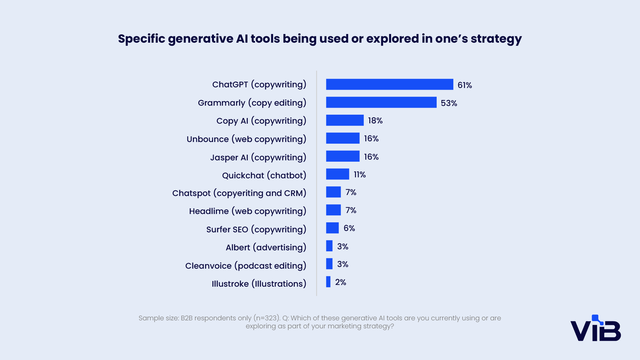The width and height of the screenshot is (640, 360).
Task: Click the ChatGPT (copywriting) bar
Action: click(390, 84)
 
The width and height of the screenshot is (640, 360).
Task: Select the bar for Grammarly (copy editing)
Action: click(381, 102)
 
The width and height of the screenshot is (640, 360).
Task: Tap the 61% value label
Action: click(465, 85)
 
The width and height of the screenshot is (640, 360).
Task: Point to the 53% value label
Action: click(449, 103)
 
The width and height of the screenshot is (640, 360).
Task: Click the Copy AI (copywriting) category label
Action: click(261, 121)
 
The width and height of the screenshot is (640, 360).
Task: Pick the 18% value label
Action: click(375, 121)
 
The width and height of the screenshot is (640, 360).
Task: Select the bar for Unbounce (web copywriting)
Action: click(343, 138)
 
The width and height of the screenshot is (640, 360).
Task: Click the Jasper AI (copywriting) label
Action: click(258, 157)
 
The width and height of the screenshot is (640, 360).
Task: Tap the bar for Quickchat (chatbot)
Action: click(338, 174)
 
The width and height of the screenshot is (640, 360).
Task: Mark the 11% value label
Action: click(360, 175)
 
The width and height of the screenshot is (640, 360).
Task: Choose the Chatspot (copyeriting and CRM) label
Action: click(239, 193)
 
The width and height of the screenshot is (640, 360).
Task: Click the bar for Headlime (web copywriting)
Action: click(333, 210)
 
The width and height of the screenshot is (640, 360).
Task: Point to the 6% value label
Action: click(349, 228)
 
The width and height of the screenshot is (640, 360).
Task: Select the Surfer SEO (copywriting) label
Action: click(256, 230)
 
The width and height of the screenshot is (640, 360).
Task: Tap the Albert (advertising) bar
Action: click(329, 246)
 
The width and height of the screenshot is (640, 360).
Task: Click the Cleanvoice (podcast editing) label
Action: click(246, 266)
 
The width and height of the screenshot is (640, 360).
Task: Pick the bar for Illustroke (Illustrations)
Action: click(328, 282)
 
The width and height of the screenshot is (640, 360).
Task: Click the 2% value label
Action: click(340, 282)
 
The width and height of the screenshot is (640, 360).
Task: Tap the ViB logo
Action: click(596, 328)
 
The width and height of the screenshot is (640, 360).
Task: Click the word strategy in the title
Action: click(496, 39)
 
